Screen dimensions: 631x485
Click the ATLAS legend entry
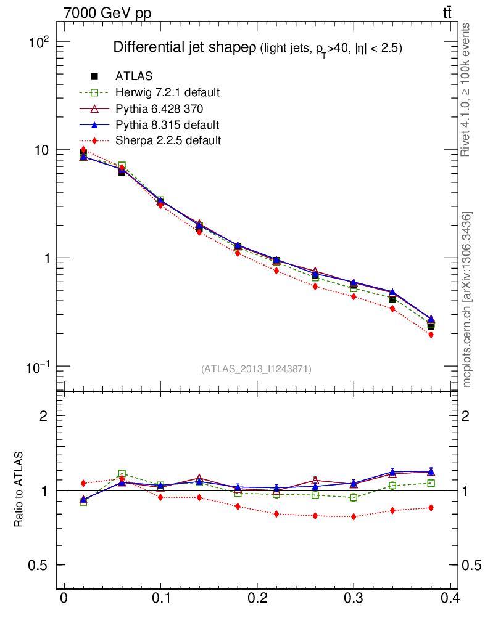[134, 76]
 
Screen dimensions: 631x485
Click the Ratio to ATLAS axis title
[19, 490]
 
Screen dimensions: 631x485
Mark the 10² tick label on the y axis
[39, 42]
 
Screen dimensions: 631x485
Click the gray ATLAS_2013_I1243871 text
[256, 369]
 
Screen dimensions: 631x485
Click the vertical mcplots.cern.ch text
[467, 299]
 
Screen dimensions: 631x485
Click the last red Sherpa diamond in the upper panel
[431, 335]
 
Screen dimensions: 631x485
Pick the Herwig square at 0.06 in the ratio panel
[122, 474]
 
